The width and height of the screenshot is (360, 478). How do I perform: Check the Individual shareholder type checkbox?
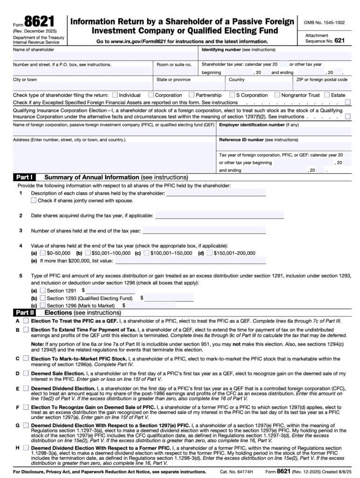point(115,95)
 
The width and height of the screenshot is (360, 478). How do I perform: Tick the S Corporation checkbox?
point(232,95)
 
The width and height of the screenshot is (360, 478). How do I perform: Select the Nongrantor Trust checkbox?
point(277,95)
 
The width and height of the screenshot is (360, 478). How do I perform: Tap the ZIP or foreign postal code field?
point(323,87)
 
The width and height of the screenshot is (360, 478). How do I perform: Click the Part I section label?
point(24,177)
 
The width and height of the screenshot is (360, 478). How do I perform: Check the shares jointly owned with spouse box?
point(34,201)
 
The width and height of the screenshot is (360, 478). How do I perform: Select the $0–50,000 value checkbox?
point(43,253)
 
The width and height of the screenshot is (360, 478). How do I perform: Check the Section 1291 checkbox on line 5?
point(43,290)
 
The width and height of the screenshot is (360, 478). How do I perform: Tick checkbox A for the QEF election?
point(25,321)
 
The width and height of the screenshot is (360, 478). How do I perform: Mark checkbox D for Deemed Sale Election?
point(25,374)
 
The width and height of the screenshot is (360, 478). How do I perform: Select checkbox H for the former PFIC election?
point(25,449)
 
